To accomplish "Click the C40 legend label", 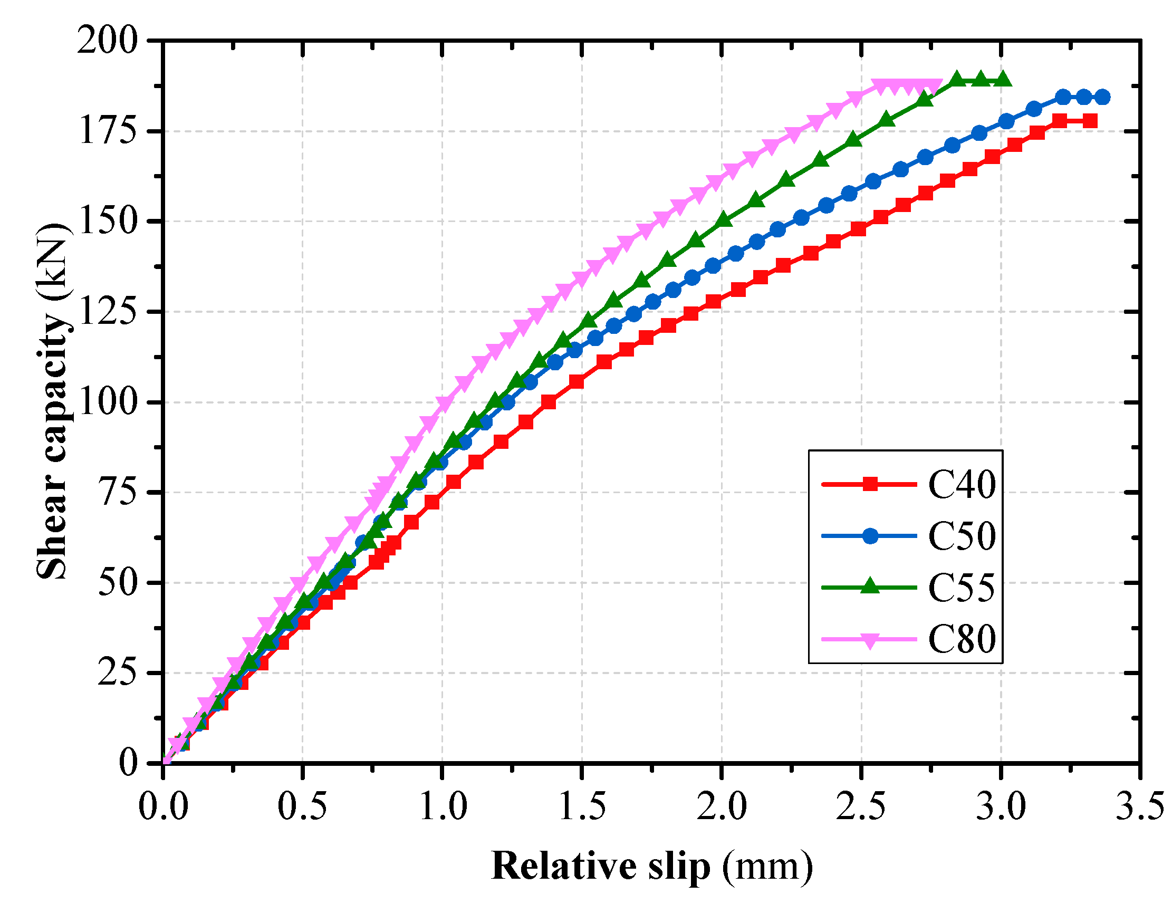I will coord(962,485).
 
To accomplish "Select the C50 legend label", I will coord(962,536).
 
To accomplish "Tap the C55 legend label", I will coord(962,588).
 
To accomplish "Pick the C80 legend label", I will coord(962,639).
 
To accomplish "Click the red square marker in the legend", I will coord(870,484).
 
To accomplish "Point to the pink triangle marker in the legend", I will coord(870,640).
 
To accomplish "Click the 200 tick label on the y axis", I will coord(107,40).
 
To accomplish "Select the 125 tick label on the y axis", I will coord(107,311).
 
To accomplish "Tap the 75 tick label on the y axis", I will coord(117,492).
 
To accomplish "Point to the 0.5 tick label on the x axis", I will coord(302,806).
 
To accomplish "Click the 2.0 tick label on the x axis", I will coord(721,806).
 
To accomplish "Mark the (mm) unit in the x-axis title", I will coord(767,866).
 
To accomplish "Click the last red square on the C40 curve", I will coord(1089,121).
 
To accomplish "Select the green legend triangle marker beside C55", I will coord(870,587).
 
